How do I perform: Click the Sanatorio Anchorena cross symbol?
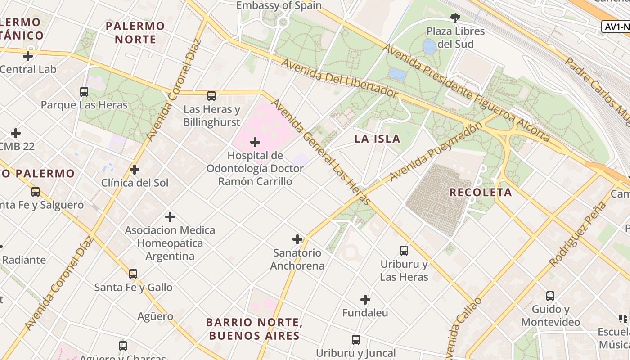[x=297, y=239]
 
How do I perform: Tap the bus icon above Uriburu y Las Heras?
[x=404, y=251]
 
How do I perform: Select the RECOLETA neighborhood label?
[x=481, y=193]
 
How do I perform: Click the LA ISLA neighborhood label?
[x=377, y=139]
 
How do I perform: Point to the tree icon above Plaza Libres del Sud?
[x=455, y=18]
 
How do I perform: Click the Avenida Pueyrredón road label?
[x=435, y=151]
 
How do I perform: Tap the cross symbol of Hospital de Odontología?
[x=255, y=143]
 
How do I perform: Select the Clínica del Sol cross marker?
[x=135, y=170]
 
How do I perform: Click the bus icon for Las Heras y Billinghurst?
[x=211, y=95]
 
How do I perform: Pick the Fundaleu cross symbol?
[x=365, y=299]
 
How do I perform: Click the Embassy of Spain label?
[x=279, y=5]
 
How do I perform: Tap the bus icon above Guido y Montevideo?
[x=550, y=296]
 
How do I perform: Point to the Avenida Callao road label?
[x=463, y=326]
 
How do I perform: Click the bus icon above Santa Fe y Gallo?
[x=133, y=274]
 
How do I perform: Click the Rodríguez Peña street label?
[x=578, y=235]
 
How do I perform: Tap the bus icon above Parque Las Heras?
[x=84, y=92]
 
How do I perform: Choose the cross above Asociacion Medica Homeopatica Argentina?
[x=170, y=217]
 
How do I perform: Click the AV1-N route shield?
[x=616, y=27]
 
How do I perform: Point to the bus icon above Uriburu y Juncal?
[x=356, y=340]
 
